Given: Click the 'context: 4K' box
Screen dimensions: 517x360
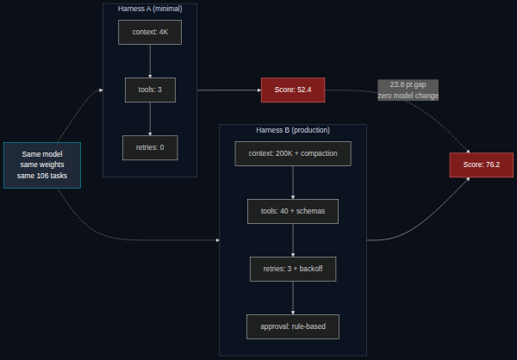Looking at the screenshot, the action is [150, 33].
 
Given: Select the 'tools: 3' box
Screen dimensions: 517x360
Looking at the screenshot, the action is [150, 90].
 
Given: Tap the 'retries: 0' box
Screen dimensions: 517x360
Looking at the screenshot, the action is [150, 147].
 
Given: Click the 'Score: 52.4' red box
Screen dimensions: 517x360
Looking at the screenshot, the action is [293, 90].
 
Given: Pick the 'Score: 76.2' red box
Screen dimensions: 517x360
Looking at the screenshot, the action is [482, 164].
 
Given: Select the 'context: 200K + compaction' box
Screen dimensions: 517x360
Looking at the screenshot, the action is [293, 153].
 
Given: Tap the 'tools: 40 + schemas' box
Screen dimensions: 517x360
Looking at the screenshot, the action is [293, 211].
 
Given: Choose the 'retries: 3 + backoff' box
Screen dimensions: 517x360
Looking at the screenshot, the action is [293, 269].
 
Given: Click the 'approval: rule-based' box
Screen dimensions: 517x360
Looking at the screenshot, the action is [293, 326].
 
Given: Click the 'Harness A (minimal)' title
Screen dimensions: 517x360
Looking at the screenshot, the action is [150, 9].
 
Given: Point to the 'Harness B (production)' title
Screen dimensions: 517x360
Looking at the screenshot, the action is [293, 130].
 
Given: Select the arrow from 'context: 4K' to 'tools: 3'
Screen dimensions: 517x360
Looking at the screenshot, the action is [150, 61].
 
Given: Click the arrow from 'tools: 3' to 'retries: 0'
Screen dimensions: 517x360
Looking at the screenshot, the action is [150, 119].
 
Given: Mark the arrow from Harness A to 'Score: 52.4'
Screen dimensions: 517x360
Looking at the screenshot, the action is [229, 90].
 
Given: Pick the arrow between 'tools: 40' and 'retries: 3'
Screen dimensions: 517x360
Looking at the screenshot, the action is [293, 240].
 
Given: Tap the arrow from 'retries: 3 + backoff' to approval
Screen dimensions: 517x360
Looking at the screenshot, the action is [293, 298].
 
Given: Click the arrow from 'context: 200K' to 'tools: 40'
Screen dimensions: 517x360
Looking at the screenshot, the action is [293, 183].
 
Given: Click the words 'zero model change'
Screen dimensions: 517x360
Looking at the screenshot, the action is [408, 96].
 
